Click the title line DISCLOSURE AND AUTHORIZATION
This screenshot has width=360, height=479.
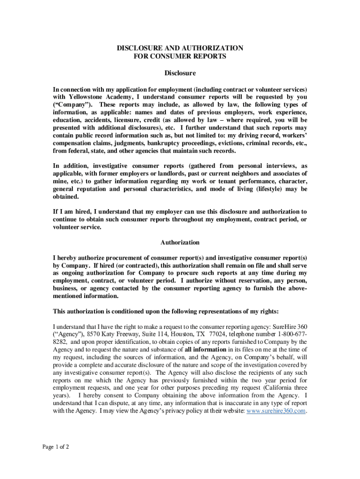tap(180, 48)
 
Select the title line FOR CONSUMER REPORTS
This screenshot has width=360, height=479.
tap(180, 57)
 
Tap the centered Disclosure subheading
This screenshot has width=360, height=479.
tap(180, 73)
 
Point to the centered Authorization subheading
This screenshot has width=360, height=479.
tap(180, 242)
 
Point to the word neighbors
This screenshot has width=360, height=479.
tap(252, 174)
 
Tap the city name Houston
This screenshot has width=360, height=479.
tap(184, 334)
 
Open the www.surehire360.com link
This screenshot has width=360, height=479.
tap(276, 410)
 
